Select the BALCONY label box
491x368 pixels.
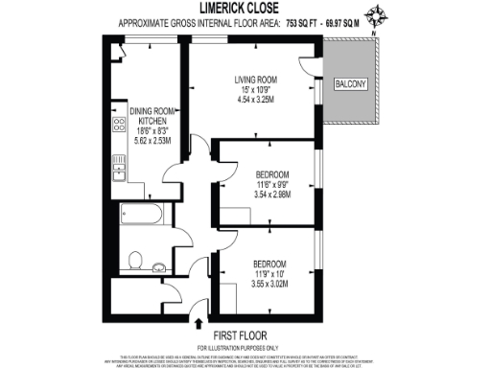tap(348, 85)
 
